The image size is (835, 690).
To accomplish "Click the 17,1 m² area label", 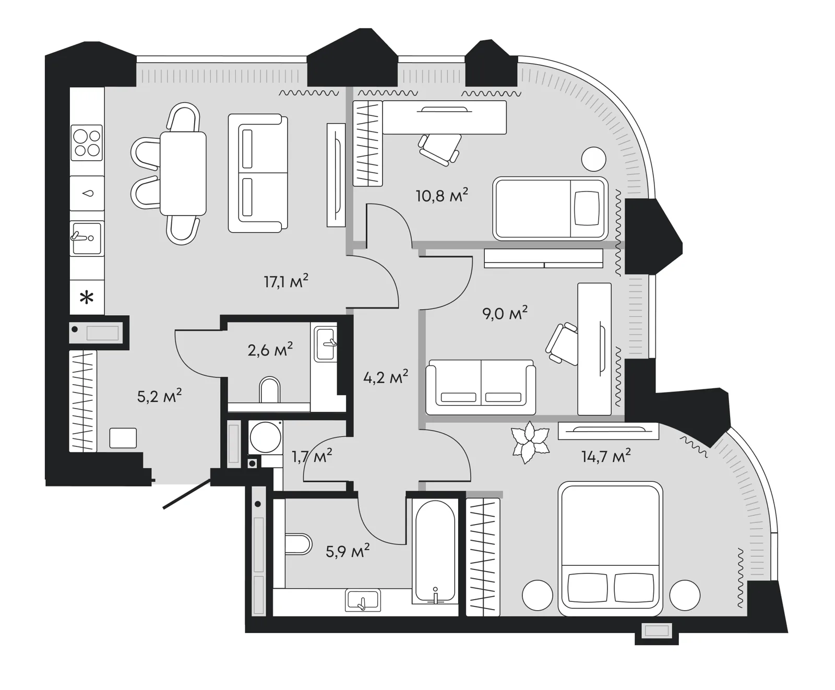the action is coord(286,281).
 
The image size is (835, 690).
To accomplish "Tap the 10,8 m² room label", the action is coord(442,195).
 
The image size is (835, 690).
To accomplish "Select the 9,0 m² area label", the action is coord(505,313).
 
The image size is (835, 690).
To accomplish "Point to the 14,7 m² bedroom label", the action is coord(606,456).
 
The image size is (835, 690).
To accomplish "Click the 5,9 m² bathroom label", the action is coord(348,551).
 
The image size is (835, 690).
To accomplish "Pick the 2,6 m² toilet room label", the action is coord(270,350).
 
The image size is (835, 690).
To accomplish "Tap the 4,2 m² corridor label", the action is coord(386,376).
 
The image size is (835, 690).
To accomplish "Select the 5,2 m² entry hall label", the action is coord(159,396).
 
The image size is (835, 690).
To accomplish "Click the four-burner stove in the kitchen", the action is coord(87,143).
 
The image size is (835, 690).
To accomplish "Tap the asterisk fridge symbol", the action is coord(87,299).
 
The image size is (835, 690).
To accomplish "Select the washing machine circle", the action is coord(265,437).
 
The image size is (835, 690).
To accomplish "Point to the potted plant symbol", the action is coord(531,443).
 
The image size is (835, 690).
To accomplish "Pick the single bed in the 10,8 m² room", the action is coord(551,208).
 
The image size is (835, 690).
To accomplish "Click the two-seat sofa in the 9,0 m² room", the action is coord(481,387).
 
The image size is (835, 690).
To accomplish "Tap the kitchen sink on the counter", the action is coord(87,238).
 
